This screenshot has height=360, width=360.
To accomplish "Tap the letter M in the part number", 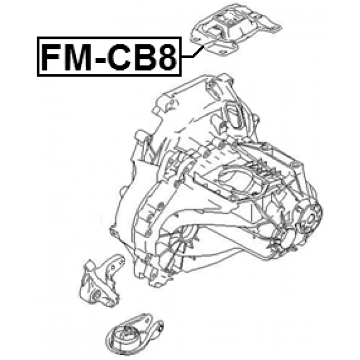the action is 78,57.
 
